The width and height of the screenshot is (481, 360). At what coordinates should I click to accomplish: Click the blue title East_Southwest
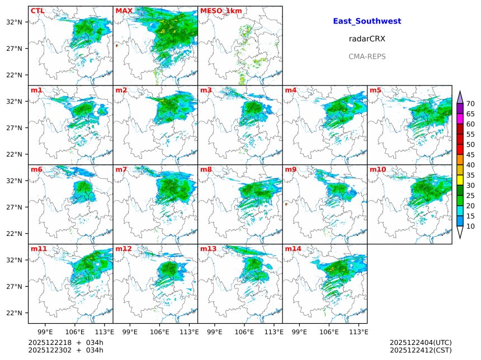(367, 21)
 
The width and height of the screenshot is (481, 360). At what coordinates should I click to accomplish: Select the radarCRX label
(367, 39)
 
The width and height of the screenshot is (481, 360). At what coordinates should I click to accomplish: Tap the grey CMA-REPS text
(367, 56)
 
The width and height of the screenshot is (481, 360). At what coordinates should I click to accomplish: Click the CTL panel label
(37, 11)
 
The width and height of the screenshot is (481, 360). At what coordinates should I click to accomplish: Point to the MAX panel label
(124, 11)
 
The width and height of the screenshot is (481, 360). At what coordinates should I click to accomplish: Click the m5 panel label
(375, 90)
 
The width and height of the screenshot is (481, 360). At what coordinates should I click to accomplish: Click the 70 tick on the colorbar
(470, 103)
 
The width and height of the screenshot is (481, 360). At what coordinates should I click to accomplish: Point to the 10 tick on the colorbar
(470, 226)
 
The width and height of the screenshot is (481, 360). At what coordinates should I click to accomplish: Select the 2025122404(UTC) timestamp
(421, 342)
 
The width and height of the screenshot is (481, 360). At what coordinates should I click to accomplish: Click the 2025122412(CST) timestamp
(421, 350)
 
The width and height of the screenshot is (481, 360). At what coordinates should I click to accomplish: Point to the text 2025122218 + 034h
(66, 342)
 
